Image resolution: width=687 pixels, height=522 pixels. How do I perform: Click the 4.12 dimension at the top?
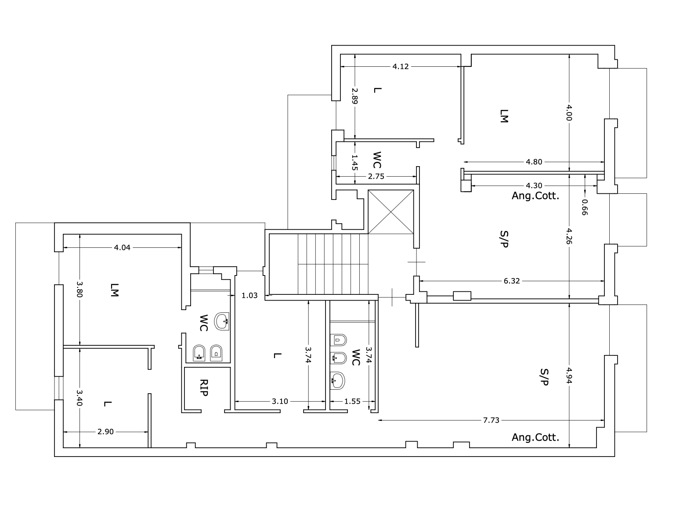(x=400, y=67)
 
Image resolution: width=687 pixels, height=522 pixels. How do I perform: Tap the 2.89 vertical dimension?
(x=354, y=96)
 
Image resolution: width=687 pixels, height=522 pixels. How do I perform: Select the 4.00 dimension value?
(x=569, y=112)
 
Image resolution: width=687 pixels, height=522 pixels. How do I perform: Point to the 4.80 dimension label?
(x=534, y=162)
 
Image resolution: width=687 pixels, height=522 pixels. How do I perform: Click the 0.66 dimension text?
(x=584, y=207)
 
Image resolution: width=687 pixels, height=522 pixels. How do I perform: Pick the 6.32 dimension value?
(x=511, y=281)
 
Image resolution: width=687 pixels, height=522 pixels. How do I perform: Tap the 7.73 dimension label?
(x=491, y=420)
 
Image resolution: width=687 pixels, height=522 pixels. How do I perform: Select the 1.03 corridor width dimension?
(x=249, y=295)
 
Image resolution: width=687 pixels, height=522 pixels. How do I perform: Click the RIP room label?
(x=204, y=388)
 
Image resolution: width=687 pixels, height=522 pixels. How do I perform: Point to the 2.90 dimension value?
(x=105, y=432)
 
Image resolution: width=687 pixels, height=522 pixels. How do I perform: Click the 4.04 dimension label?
(x=122, y=247)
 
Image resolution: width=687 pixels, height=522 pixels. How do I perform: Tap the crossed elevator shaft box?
(x=391, y=212)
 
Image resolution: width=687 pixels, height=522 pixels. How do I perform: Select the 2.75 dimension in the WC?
(x=376, y=177)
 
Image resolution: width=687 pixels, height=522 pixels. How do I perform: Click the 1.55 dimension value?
(x=352, y=401)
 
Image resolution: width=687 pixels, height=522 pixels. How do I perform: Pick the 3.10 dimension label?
(x=279, y=401)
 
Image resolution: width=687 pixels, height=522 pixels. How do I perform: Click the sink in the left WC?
(x=221, y=321)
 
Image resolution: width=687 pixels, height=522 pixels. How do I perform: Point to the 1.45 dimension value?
(x=354, y=163)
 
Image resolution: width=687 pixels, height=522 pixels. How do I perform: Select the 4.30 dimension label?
(x=534, y=185)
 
